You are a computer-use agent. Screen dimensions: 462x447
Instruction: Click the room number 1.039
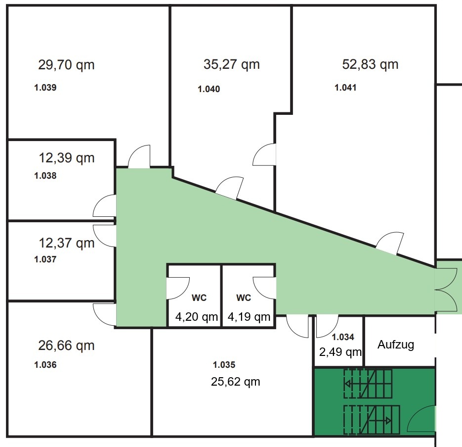(x=45, y=88)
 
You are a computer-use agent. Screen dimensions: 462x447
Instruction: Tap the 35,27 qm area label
(x=232, y=64)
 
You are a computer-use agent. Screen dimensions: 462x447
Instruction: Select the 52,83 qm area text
(x=370, y=64)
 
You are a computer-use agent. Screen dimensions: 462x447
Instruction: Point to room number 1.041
(x=345, y=88)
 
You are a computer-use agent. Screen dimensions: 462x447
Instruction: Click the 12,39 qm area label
(x=67, y=158)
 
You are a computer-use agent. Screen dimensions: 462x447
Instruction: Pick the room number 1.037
(x=45, y=259)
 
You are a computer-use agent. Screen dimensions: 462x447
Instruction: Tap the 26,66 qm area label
(x=66, y=346)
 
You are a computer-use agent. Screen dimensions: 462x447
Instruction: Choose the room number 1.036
(x=45, y=365)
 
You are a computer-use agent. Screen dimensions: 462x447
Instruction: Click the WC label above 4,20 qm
(x=199, y=298)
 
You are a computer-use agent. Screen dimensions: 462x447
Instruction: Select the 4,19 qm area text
(x=249, y=317)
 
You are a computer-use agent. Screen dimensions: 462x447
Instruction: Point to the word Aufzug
(x=396, y=345)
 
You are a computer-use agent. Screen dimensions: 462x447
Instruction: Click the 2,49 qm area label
(x=340, y=352)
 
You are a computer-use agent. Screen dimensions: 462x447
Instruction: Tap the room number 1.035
(x=224, y=365)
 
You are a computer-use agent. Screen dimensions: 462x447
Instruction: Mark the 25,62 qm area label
(x=235, y=382)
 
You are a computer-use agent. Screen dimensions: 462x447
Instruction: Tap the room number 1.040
(x=209, y=89)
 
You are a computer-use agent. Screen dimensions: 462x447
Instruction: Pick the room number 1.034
(x=343, y=337)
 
